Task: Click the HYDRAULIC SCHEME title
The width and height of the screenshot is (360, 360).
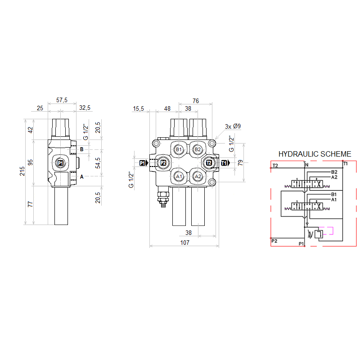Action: coord(315,154)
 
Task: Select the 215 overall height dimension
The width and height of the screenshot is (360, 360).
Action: coord(22,171)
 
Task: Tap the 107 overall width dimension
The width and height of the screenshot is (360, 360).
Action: coord(185,243)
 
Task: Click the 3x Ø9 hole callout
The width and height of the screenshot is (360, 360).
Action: coord(233,126)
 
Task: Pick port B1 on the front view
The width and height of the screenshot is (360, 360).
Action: coord(179,149)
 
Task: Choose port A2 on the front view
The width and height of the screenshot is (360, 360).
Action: coord(198,176)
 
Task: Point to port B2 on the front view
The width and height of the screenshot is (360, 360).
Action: coord(198,149)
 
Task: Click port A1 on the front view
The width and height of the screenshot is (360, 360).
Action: coord(179,176)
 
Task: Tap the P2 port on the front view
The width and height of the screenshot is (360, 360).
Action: coord(163,163)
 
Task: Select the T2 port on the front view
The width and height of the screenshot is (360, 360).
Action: coord(209,163)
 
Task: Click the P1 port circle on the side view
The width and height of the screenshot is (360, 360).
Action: coord(60,163)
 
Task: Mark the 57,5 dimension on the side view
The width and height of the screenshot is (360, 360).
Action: coord(62,100)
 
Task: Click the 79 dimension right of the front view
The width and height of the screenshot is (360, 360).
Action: coord(240,163)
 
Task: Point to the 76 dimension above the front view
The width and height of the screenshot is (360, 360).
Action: coord(196,101)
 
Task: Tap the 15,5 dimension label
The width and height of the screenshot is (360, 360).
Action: coord(138,108)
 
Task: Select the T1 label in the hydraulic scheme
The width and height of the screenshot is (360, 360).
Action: coord(346,164)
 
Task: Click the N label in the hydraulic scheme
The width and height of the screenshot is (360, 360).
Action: coord(307,165)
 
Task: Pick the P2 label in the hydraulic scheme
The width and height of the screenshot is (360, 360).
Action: coord(274,241)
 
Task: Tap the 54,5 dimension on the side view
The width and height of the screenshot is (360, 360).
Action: coord(98,163)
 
